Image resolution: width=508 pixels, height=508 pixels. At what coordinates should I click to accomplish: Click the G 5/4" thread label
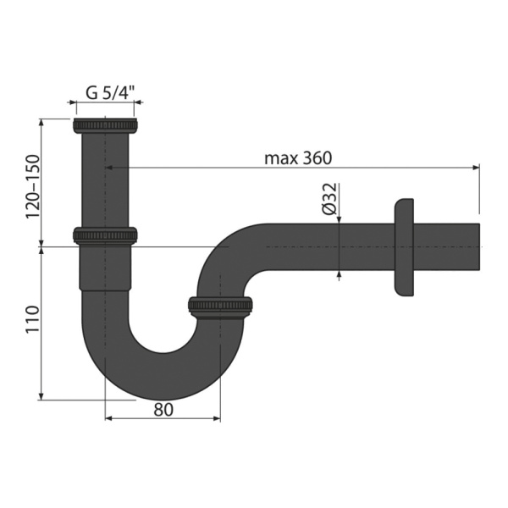[x=110, y=93]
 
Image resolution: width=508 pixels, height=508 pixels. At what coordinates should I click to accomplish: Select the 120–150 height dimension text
[x=33, y=186]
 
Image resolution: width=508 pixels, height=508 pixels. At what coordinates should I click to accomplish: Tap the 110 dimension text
[x=33, y=319]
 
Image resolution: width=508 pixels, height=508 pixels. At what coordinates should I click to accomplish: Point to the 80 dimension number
[x=163, y=410]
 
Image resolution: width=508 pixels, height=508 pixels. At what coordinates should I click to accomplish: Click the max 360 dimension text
[x=298, y=158]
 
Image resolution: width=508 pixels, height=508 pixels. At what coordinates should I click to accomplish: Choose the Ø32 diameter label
[x=330, y=199]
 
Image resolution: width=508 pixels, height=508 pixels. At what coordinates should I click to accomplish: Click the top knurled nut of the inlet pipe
[x=105, y=125]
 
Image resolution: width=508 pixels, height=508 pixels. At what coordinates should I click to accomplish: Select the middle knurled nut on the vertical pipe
[x=105, y=235]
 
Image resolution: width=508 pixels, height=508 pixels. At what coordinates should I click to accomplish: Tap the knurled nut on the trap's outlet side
[x=220, y=306]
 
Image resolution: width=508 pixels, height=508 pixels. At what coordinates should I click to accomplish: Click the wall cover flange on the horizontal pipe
[x=404, y=247]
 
